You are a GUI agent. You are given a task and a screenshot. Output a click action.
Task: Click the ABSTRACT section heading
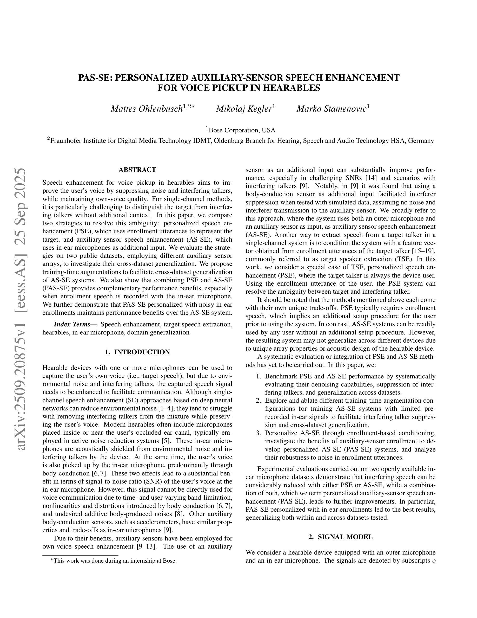(137, 170)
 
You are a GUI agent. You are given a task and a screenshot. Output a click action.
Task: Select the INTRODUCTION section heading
(137, 352)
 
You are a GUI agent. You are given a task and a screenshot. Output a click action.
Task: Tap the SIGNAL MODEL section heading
(341, 537)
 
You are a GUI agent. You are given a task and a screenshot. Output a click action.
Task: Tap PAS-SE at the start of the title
(95, 78)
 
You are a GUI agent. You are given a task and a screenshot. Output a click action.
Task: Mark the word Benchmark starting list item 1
(280, 376)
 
